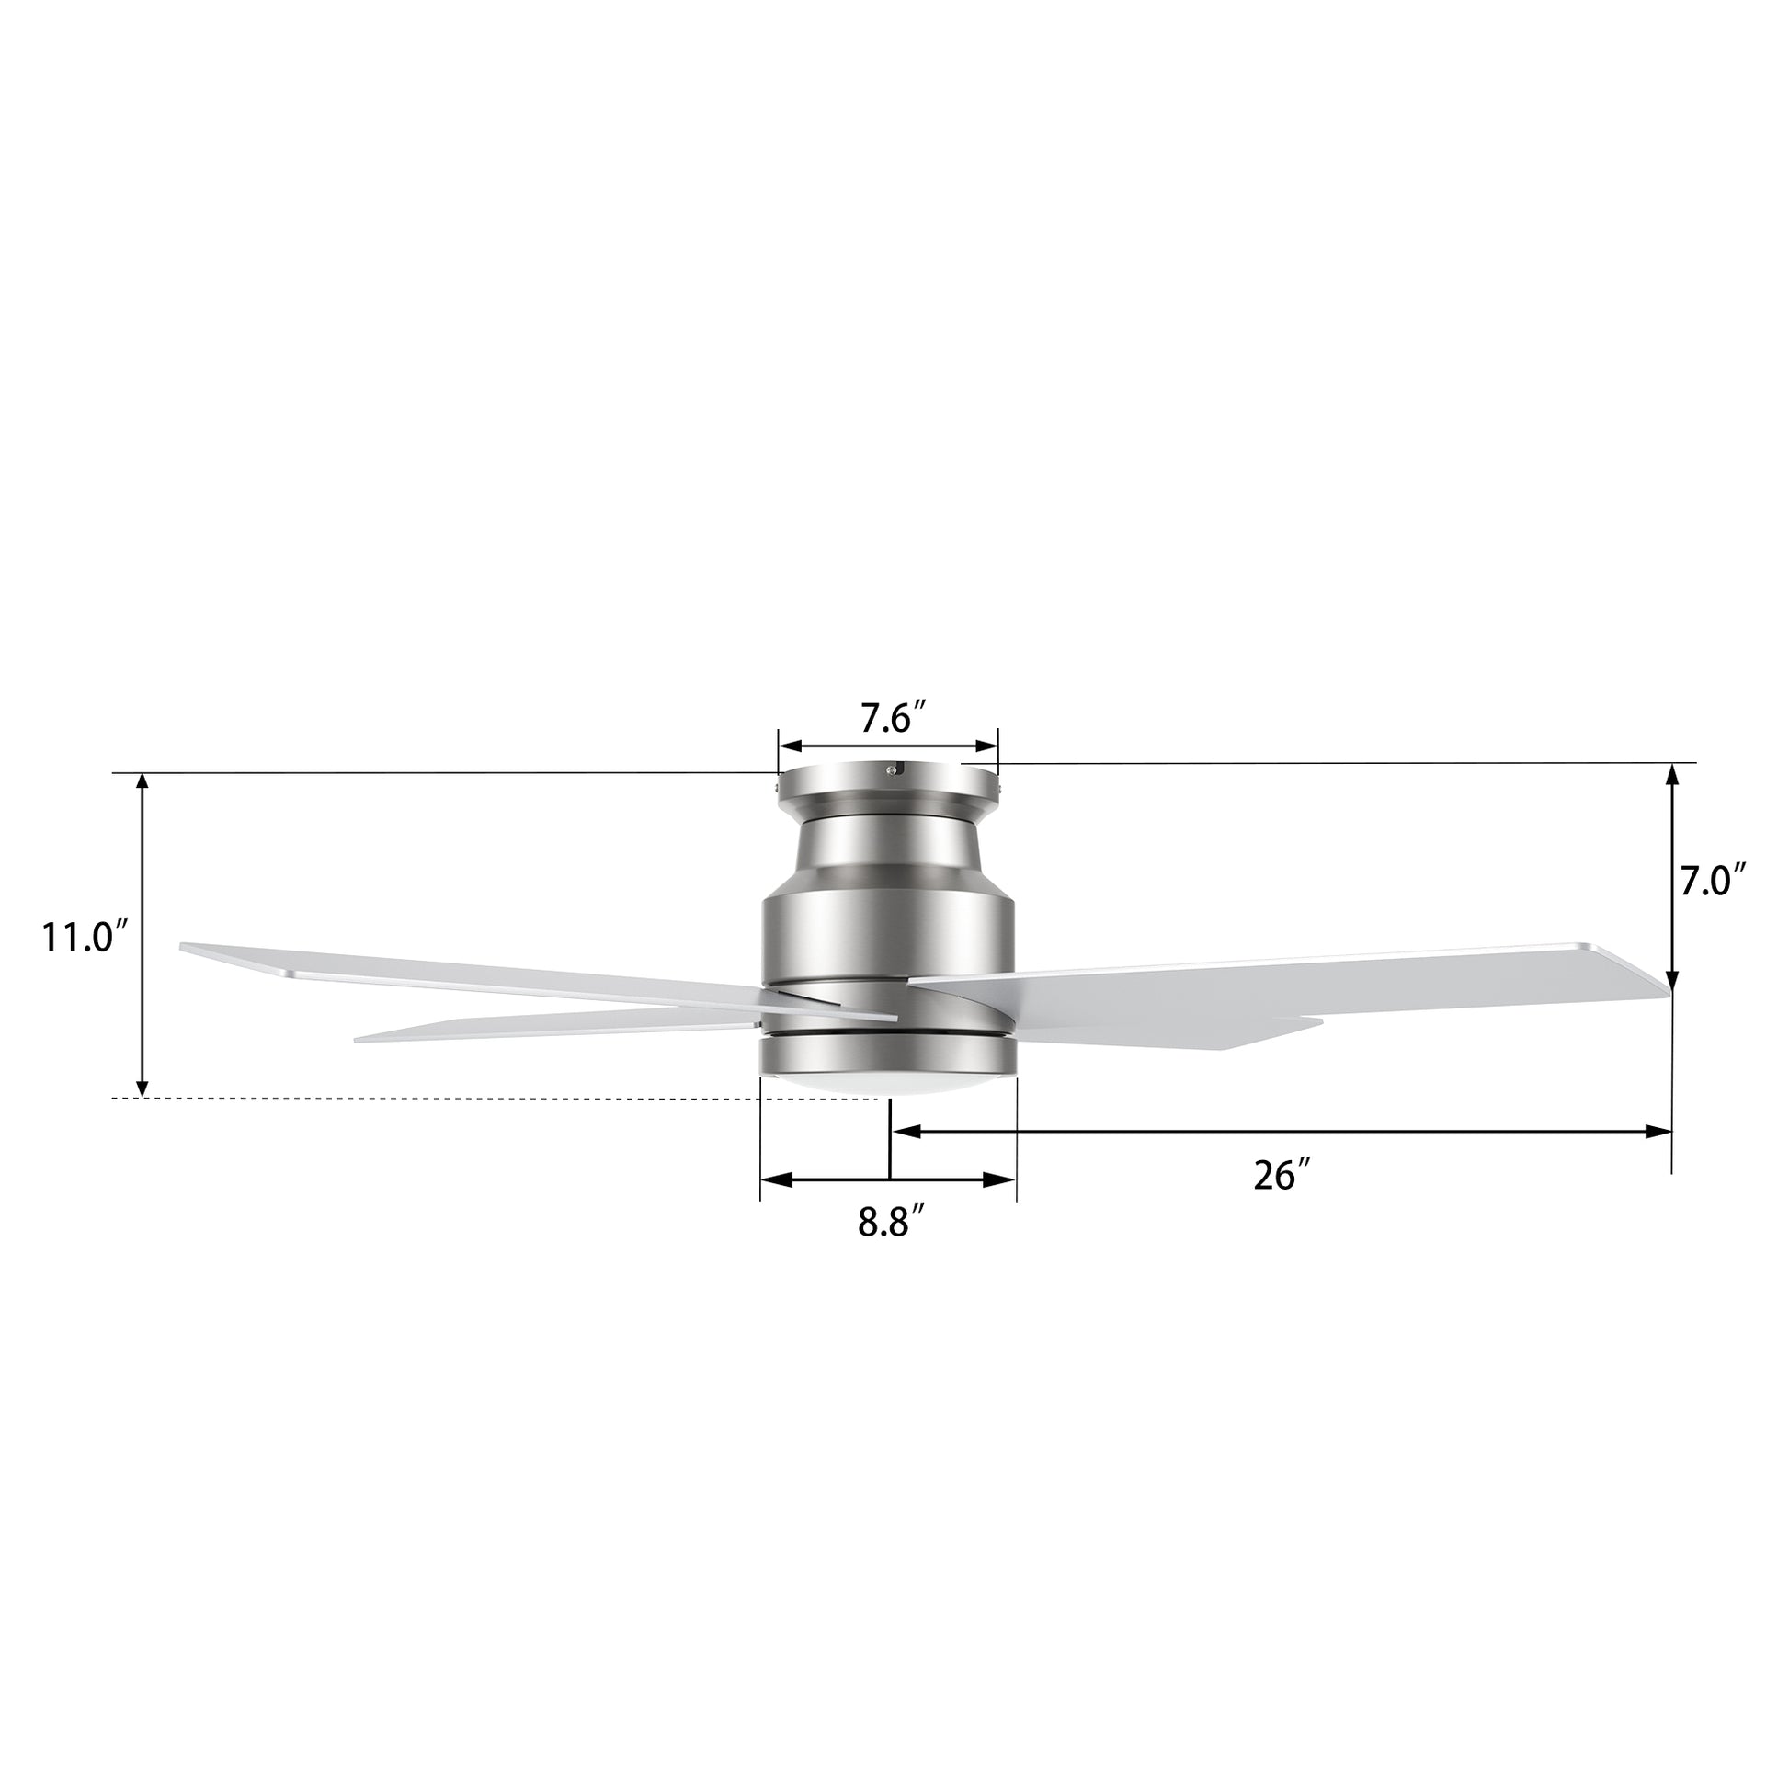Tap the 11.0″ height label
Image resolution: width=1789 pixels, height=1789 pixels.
[x=82, y=937]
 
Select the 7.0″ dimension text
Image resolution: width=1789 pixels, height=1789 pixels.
[x=1714, y=882]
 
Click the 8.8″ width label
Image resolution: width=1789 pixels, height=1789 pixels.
[x=892, y=1223]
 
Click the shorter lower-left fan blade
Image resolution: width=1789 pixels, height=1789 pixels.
[x=555, y=1027]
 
